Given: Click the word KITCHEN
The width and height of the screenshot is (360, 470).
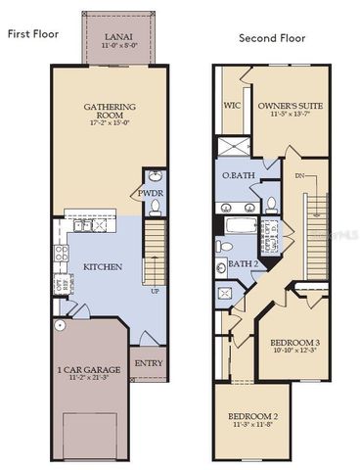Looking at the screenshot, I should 102,265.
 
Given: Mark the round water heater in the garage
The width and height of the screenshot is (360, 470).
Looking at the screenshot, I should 59,324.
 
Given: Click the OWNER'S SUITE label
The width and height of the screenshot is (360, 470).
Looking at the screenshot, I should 291,103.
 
